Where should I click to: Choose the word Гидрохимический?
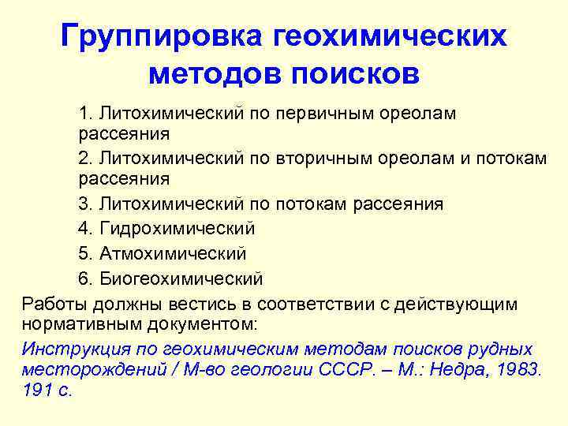coord(177,229)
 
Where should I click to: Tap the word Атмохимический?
coord(172,253)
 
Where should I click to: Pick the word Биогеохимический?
coord(181,278)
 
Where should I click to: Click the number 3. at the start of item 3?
coord(86,204)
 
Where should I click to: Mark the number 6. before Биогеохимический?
coord(86,278)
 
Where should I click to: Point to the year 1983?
coord(521,369)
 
